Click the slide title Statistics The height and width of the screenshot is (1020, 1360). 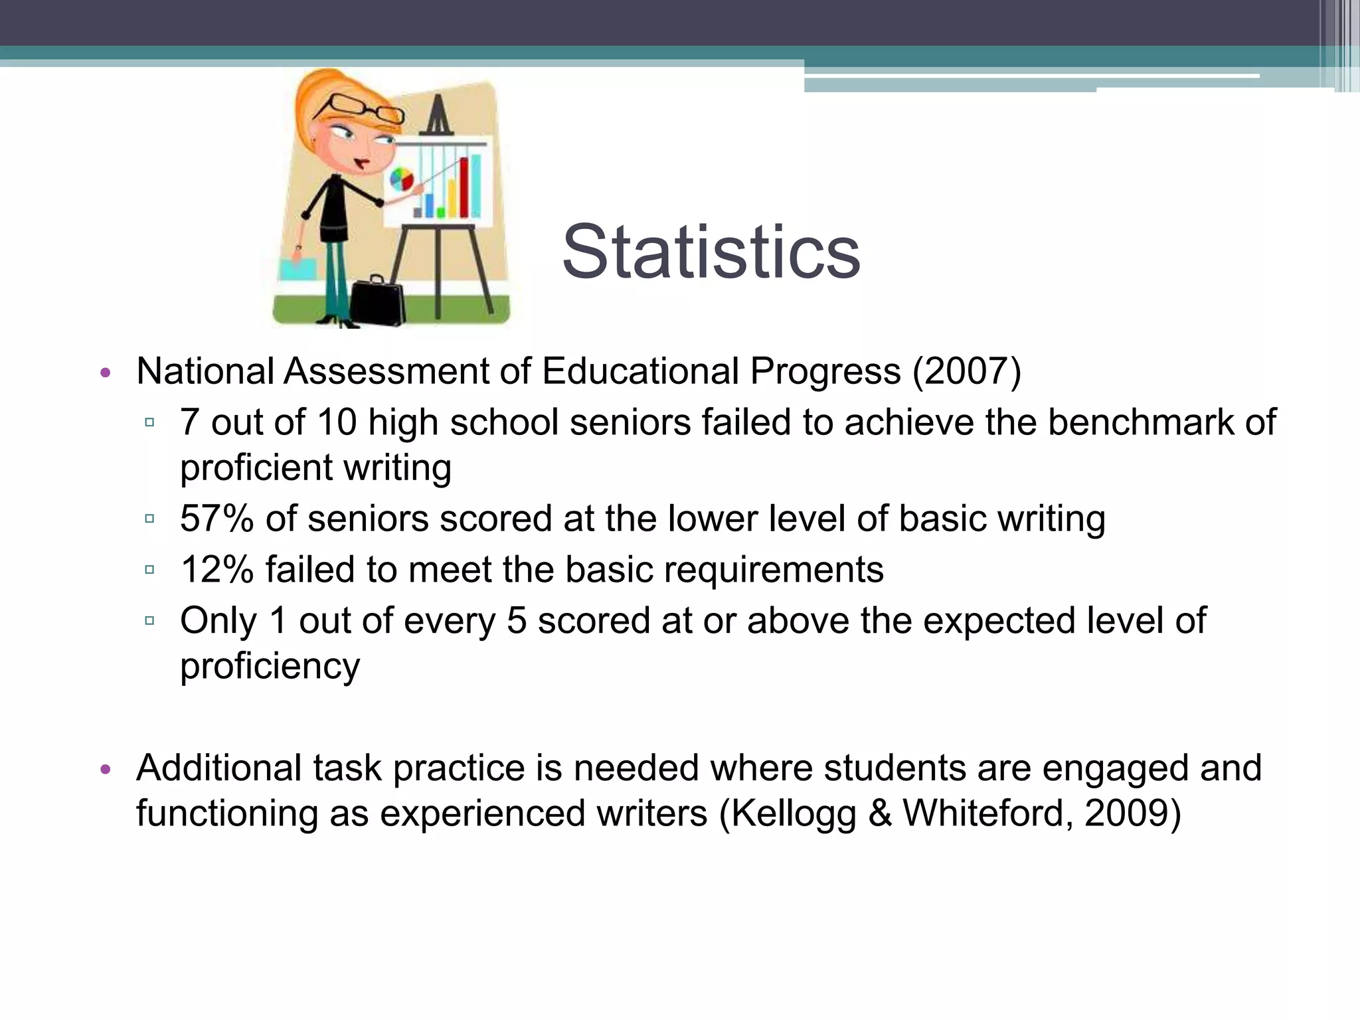(x=711, y=252)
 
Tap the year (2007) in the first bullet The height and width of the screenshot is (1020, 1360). (x=966, y=371)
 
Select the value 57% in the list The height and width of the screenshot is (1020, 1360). (x=216, y=519)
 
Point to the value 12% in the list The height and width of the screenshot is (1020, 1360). (x=216, y=570)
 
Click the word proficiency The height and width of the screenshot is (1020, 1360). (x=270, y=666)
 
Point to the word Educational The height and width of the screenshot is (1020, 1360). (x=640, y=371)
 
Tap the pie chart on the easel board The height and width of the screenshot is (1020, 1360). (x=401, y=179)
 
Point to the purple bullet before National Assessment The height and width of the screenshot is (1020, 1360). (x=104, y=373)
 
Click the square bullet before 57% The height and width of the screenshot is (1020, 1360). (x=149, y=519)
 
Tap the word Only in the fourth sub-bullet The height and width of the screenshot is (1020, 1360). (x=218, y=622)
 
